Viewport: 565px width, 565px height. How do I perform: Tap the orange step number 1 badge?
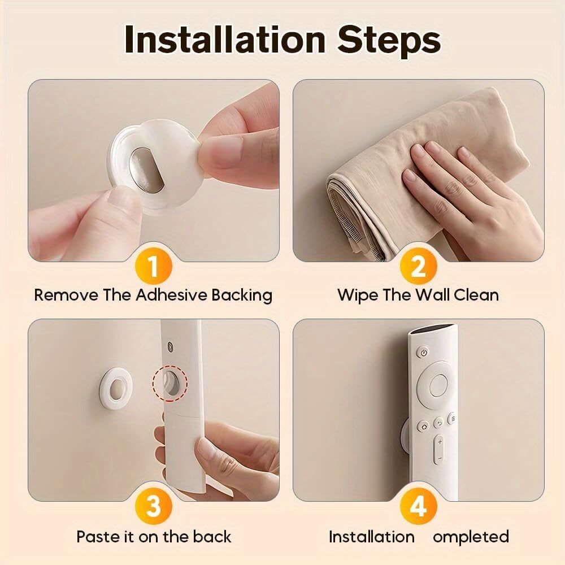(153, 265)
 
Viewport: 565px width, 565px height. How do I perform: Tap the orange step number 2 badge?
(418, 265)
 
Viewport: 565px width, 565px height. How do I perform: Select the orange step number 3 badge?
(153, 506)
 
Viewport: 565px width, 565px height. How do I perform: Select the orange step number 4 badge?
(418, 506)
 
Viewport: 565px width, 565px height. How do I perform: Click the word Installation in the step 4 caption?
(371, 536)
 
